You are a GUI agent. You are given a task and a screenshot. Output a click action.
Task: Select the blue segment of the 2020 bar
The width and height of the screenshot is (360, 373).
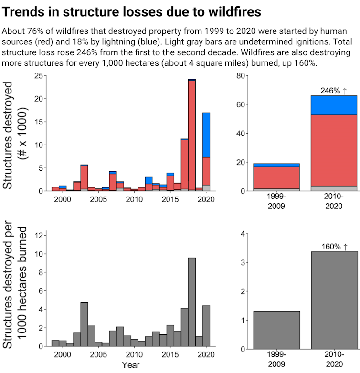click(x=206, y=135)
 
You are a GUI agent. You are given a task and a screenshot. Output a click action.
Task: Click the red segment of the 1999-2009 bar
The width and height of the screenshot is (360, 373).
click(x=276, y=177)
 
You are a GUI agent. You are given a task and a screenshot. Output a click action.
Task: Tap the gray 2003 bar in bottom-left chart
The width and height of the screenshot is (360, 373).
click(x=84, y=324)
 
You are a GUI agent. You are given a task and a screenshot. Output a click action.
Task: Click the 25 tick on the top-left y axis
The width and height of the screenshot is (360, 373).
click(x=40, y=75)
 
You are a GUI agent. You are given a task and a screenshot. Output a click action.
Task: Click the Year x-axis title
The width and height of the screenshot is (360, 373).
click(x=131, y=365)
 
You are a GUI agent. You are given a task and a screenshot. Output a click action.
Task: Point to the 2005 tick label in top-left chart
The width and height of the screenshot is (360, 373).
click(x=98, y=198)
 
